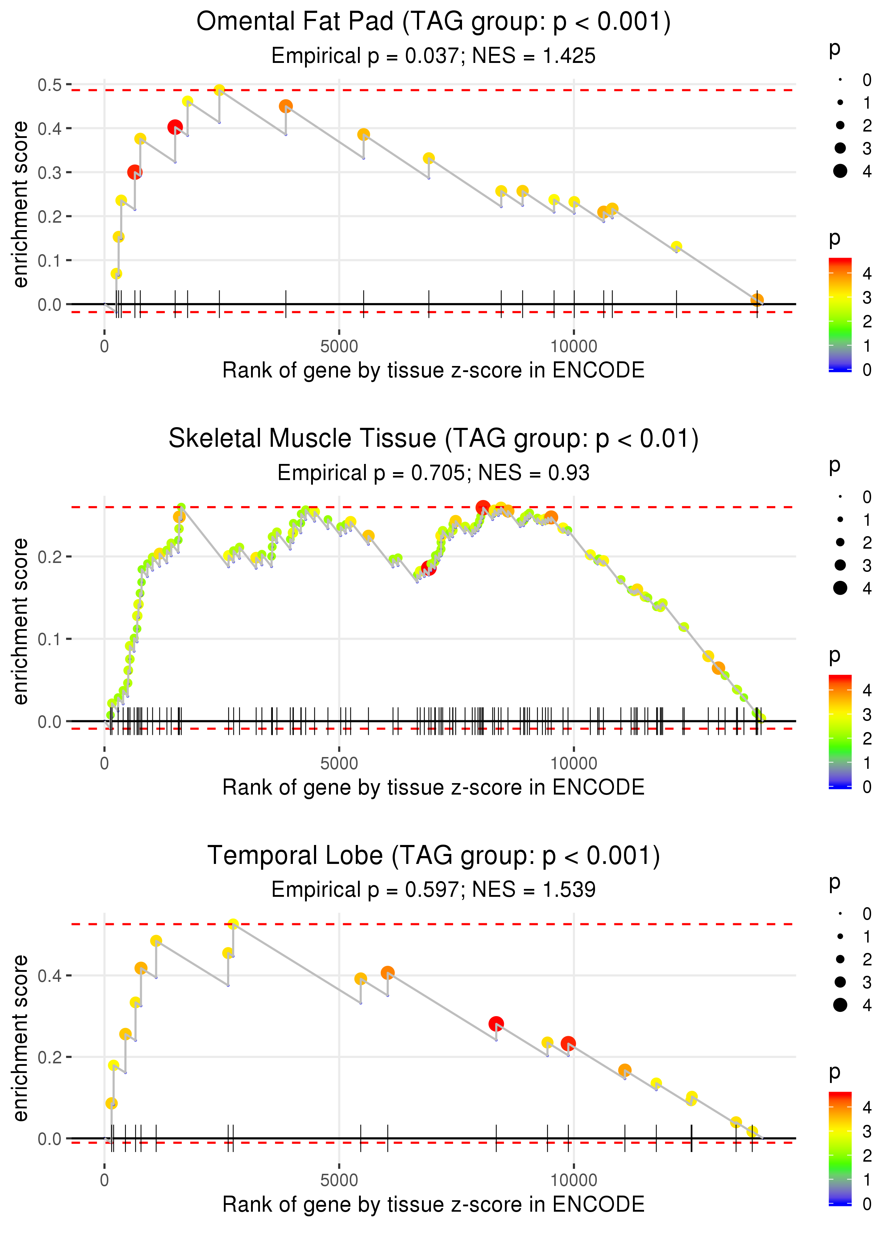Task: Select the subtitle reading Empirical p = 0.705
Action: (x=433, y=473)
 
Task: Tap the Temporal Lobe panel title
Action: (x=433, y=855)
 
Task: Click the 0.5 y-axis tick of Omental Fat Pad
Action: (x=50, y=85)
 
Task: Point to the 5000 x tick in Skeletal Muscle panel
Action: (x=339, y=763)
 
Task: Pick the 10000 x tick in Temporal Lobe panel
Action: (x=574, y=1180)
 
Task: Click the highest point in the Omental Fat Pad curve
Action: (x=219, y=90)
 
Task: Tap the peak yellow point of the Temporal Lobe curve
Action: (x=233, y=924)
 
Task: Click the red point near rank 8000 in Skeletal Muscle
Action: (x=483, y=507)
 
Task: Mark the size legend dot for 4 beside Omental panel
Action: (x=840, y=171)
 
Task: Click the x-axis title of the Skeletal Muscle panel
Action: (x=433, y=787)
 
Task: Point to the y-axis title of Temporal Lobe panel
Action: (x=20, y=1038)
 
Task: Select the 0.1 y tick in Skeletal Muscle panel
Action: (x=50, y=639)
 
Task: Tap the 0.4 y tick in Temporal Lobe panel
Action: (x=50, y=976)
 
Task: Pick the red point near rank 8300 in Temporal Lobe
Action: (x=496, y=1024)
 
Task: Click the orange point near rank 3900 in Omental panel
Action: (x=285, y=106)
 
